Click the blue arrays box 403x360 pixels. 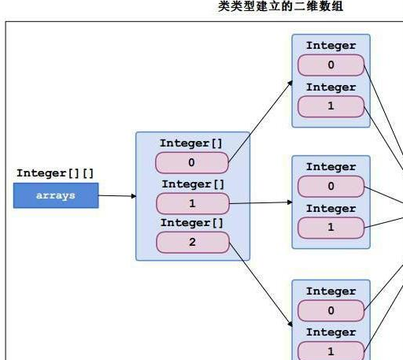(56, 195)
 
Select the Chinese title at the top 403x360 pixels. (281, 7)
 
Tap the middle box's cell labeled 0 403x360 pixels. (192, 162)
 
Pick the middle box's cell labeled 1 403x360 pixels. (192, 203)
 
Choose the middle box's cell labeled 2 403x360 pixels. (192, 242)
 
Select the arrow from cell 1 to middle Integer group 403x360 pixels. (260, 202)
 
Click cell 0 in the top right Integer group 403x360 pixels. (331, 65)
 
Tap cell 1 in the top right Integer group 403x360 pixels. (331, 106)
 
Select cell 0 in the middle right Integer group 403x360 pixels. (331, 187)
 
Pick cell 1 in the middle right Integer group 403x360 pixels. (331, 228)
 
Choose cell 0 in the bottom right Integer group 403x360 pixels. (331, 310)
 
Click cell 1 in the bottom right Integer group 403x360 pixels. (331, 351)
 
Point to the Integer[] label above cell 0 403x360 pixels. (191, 143)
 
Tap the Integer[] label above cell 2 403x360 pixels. (191, 223)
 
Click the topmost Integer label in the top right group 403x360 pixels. (331, 46)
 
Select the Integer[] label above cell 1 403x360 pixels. (193, 184)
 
